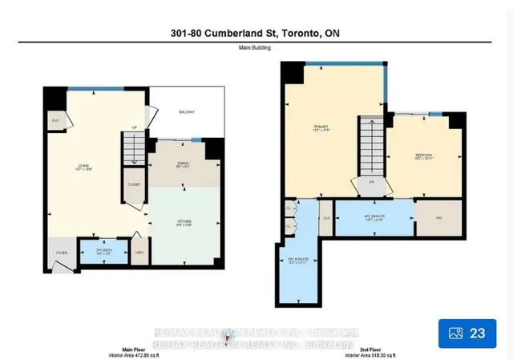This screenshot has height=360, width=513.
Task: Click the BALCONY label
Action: coord(187,111)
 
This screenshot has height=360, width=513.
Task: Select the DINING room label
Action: coord(185,165)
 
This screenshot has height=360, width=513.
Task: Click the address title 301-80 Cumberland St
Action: coord(256,31)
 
